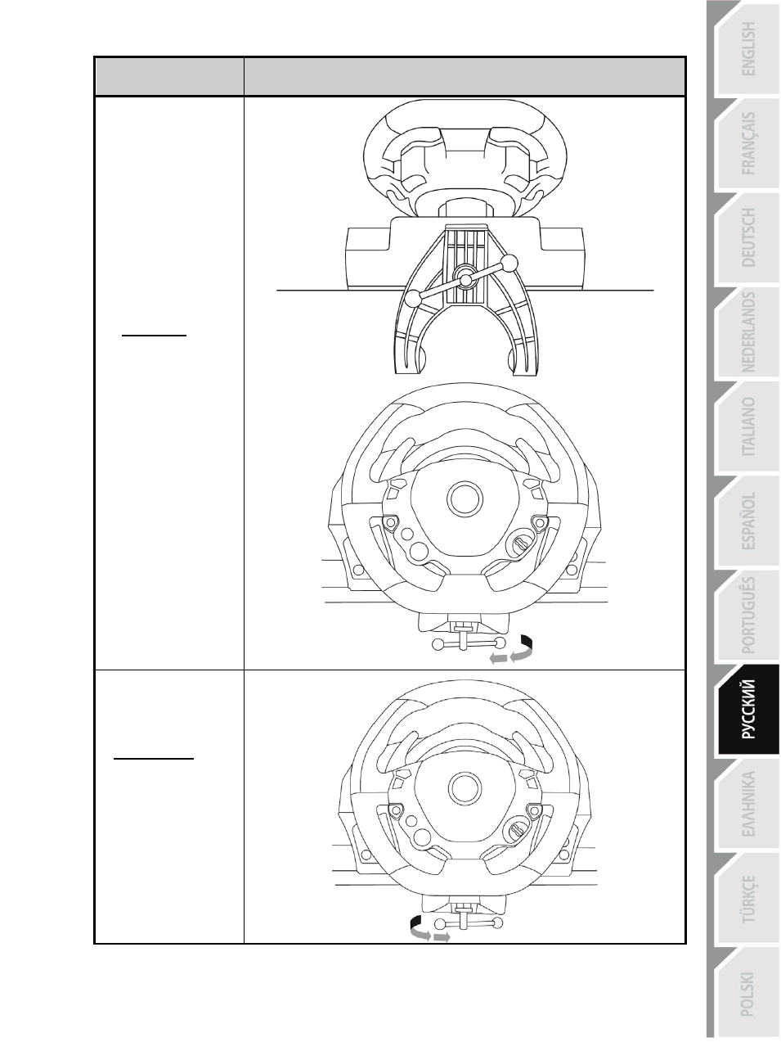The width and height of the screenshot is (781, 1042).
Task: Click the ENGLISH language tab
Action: (747, 49)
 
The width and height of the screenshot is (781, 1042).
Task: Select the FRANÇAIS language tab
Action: (747, 143)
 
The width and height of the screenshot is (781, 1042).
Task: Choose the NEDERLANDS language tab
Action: (747, 332)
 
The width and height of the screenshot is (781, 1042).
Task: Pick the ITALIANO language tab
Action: (747, 426)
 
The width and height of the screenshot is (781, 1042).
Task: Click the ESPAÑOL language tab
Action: (747, 521)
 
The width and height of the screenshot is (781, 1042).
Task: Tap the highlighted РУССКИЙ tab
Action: (748, 709)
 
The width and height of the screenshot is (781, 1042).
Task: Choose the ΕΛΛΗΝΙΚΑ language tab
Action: (747, 803)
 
